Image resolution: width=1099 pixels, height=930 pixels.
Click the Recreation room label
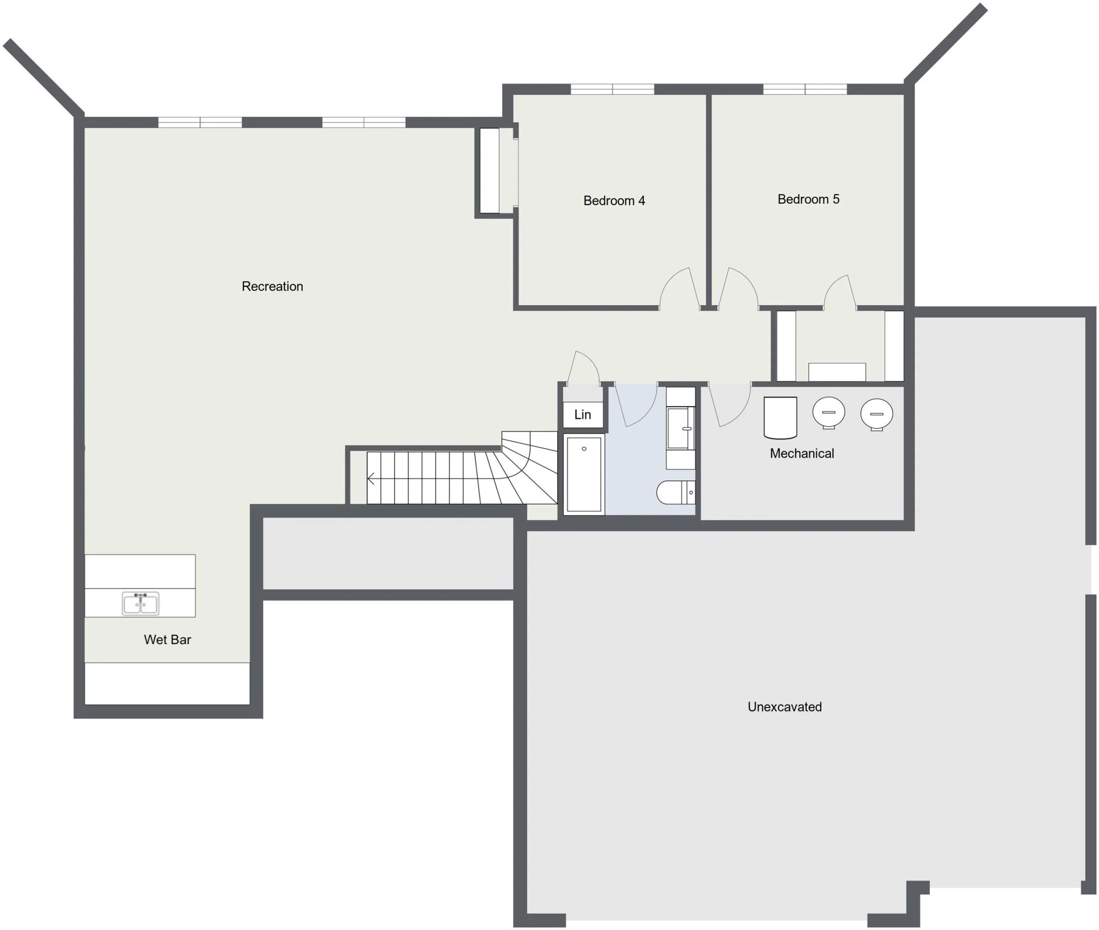[x=272, y=286]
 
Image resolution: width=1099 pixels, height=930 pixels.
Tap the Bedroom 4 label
[x=614, y=200]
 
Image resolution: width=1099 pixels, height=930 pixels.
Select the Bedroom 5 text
[x=808, y=199]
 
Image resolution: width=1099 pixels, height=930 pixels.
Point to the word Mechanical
[x=801, y=453]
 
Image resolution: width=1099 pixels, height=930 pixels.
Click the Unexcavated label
[x=784, y=706]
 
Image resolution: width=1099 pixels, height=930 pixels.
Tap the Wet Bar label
[x=167, y=639]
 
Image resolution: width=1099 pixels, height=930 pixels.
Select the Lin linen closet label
[x=582, y=415]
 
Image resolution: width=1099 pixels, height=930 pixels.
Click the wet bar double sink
[x=140, y=603]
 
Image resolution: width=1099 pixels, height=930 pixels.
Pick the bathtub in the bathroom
[x=584, y=474]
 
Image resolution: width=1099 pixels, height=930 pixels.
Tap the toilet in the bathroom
[x=676, y=492]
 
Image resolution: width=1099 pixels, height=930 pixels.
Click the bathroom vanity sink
[x=680, y=428]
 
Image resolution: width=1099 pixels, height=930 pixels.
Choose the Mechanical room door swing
[x=730, y=404]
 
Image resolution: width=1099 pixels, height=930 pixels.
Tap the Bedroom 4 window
[x=612, y=89]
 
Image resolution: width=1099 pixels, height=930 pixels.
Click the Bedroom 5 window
[x=805, y=89]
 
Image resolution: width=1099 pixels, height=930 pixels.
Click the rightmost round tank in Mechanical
[x=877, y=415]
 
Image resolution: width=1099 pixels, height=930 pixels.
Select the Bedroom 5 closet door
[x=840, y=291]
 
